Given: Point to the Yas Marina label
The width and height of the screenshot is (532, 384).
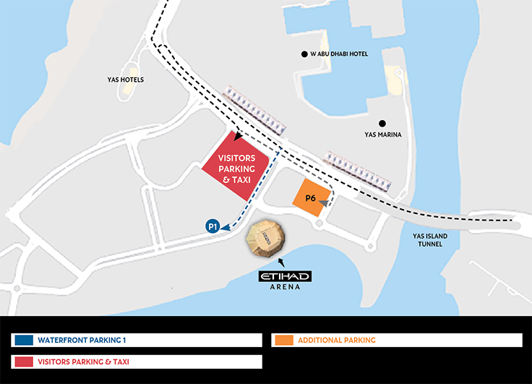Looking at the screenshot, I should click(382, 135).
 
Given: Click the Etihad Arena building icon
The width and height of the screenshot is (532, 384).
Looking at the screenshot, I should click(267, 238).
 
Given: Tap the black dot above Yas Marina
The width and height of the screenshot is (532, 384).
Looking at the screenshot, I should click(382, 123).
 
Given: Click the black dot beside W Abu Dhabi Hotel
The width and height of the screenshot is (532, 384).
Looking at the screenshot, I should click(304, 54).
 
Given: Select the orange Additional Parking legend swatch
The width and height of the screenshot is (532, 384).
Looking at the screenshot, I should click(283, 340).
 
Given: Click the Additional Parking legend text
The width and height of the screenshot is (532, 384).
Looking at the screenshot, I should click(337, 340).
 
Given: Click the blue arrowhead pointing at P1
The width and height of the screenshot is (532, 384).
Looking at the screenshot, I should click(225, 227).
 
